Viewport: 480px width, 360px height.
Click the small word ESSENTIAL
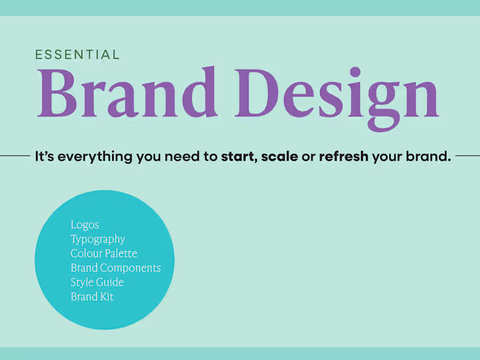point(77,55)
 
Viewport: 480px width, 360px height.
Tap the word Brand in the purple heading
point(127,92)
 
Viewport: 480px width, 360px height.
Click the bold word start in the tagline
point(238,157)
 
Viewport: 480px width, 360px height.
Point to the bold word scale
point(280,157)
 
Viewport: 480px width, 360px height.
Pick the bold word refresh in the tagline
point(344,157)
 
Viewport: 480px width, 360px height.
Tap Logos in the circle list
point(85,225)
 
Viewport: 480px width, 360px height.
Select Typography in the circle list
point(98,239)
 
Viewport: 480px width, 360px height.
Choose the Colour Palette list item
point(104,253)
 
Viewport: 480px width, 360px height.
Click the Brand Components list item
point(116,268)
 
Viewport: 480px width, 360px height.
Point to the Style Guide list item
point(97,282)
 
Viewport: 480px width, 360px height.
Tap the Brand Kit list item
point(92,296)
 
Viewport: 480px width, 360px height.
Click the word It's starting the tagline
point(43,157)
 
